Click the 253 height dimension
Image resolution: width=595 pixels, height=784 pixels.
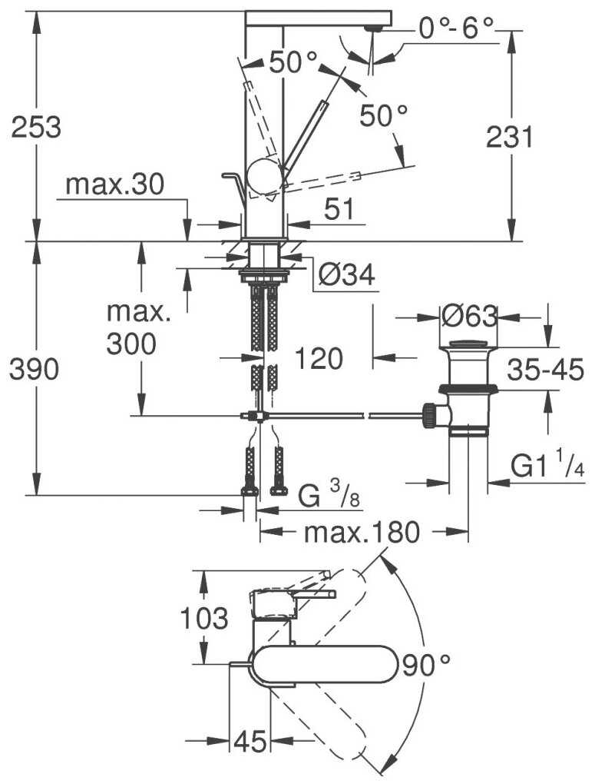click(x=35, y=127)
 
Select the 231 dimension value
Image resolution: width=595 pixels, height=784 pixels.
click(x=509, y=138)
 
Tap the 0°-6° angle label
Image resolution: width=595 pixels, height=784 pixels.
click(x=456, y=29)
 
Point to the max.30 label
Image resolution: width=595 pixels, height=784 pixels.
click(x=114, y=184)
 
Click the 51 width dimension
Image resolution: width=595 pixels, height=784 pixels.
click(x=339, y=209)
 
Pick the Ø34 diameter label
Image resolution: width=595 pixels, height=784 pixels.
click(x=346, y=275)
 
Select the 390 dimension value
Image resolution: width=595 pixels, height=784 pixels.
click(x=34, y=370)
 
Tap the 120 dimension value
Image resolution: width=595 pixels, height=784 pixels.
click(x=318, y=357)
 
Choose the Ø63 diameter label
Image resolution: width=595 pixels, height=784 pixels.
click(x=470, y=316)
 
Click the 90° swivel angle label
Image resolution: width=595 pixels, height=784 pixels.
click(x=425, y=665)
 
